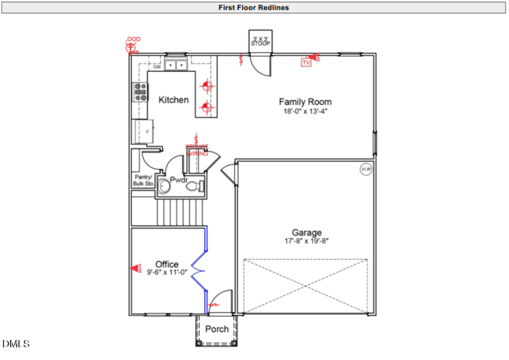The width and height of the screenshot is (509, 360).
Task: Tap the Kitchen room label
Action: pyautogui.click(x=174, y=100)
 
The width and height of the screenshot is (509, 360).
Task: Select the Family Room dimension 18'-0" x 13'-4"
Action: pyautogui.click(x=305, y=112)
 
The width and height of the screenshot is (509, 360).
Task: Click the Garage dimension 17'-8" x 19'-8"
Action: pyautogui.click(x=307, y=241)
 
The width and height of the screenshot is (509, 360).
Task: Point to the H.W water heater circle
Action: pyautogui.click(x=366, y=169)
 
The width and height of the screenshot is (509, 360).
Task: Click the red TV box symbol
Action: pyautogui.click(x=306, y=62)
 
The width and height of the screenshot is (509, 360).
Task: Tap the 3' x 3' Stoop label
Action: pyautogui.click(x=261, y=41)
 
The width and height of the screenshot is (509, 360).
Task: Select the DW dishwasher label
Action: pyautogui.click(x=157, y=66)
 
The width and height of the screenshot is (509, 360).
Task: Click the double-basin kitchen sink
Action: pyautogui.click(x=176, y=66)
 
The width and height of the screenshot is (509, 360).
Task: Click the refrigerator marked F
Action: pyautogui.click(x=145, y=131)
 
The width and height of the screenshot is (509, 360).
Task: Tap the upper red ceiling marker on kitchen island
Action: pyautogui.click(x=207, y=87)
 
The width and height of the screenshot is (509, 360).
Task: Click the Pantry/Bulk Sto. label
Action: pyautogui.click(x=144, y=180)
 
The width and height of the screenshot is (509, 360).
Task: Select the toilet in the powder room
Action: pyautogui.click(x=194, y=186)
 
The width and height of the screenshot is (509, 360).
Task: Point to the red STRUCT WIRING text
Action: pyautogui.click(x=197, y=149)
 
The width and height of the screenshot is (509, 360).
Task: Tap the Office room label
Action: pyautogui.click(x=167, y=264)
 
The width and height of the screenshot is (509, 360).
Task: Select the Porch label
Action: pyautogui.click(x=217, y=329)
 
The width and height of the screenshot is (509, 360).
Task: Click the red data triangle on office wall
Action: pyautogui.click(x=136, y=268)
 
